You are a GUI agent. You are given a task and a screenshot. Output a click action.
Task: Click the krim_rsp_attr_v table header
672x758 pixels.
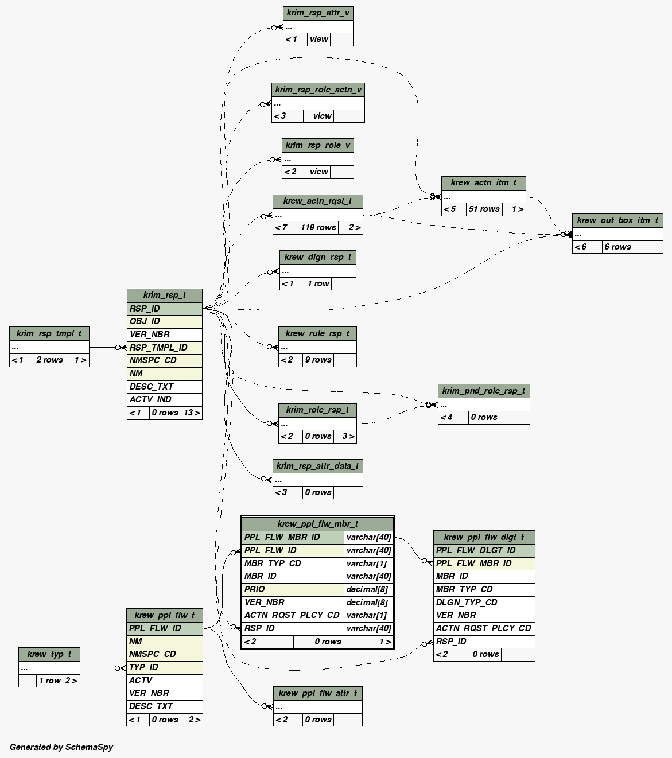click(x=318, y=13)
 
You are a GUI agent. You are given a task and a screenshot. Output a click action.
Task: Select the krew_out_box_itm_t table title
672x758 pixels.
click(x=617, y=220)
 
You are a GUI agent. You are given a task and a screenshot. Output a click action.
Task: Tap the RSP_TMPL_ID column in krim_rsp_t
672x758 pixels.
click(x=158, y=347)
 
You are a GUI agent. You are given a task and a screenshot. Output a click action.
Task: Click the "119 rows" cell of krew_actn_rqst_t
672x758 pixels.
click(x=318, y=227)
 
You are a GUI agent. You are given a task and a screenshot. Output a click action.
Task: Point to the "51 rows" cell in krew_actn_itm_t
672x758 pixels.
click(x=484, y=209)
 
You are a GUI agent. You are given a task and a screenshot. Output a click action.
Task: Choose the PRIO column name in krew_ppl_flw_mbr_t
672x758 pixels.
click(x=255, y=589)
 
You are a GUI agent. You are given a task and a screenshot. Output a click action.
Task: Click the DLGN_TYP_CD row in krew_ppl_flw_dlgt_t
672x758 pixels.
click(x=467, y=602)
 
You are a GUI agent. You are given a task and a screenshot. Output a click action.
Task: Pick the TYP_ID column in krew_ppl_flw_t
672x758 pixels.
click(x=143, y=667)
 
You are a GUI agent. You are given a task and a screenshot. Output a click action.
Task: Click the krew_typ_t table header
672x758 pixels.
click(x=49, y=654)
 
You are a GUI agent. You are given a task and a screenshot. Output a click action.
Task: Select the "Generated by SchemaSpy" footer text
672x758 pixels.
click(x=61, y=747)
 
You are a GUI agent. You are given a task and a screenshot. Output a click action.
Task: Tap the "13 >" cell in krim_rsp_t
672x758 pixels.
click(x=192, y=413)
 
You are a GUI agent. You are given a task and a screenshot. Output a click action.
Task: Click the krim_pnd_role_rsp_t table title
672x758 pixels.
click(x=483, y=391)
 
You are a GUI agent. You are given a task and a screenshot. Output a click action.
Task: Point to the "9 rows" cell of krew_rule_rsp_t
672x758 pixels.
click(x=318, y=360)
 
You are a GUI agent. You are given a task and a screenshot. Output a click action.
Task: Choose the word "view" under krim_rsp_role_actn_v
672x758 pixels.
click(x=322, y=116)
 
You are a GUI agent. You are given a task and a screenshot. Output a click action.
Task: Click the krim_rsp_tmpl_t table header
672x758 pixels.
click(x=49, y=333)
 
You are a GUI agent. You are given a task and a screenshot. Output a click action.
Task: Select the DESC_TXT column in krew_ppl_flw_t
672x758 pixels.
click(x=151, y=706)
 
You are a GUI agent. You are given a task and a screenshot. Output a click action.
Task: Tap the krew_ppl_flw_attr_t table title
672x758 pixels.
click(x=317, y=693)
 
